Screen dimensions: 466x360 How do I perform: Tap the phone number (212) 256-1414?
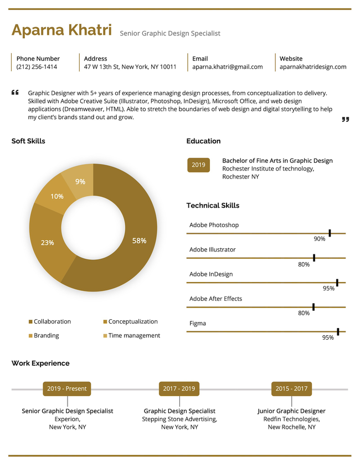37,67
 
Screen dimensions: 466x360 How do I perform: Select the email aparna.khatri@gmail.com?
227,67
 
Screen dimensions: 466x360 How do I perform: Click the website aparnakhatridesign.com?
312,67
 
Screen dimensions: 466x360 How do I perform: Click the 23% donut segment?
48,243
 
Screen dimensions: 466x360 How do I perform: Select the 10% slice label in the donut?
56,196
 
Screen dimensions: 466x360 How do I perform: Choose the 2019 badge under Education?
198,165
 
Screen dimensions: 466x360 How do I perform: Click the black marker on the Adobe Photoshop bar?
330,233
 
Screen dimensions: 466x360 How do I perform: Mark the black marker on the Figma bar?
338,331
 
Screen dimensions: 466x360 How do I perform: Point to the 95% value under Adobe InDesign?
328,288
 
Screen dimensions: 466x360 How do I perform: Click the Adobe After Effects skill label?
215,299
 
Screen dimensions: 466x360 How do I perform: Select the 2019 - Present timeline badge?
66,388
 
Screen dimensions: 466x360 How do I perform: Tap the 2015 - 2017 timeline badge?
291,388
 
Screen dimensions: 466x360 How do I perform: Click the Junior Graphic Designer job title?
291,411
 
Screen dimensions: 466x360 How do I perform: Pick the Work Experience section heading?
40,363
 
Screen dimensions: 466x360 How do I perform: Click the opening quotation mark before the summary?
15,93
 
